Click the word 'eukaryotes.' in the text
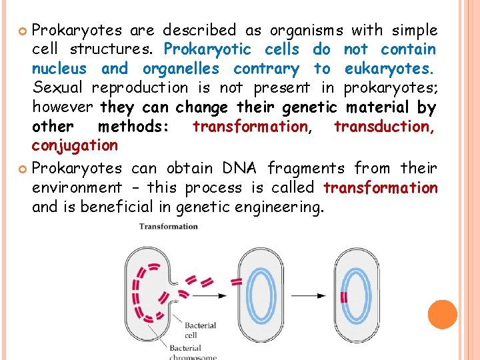390,69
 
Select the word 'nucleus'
59,69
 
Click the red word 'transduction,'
385,126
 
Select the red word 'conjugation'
75,145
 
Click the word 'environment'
77,188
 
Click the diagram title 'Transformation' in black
169,227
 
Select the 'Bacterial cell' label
200,330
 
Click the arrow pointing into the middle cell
216,294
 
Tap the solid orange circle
442,315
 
